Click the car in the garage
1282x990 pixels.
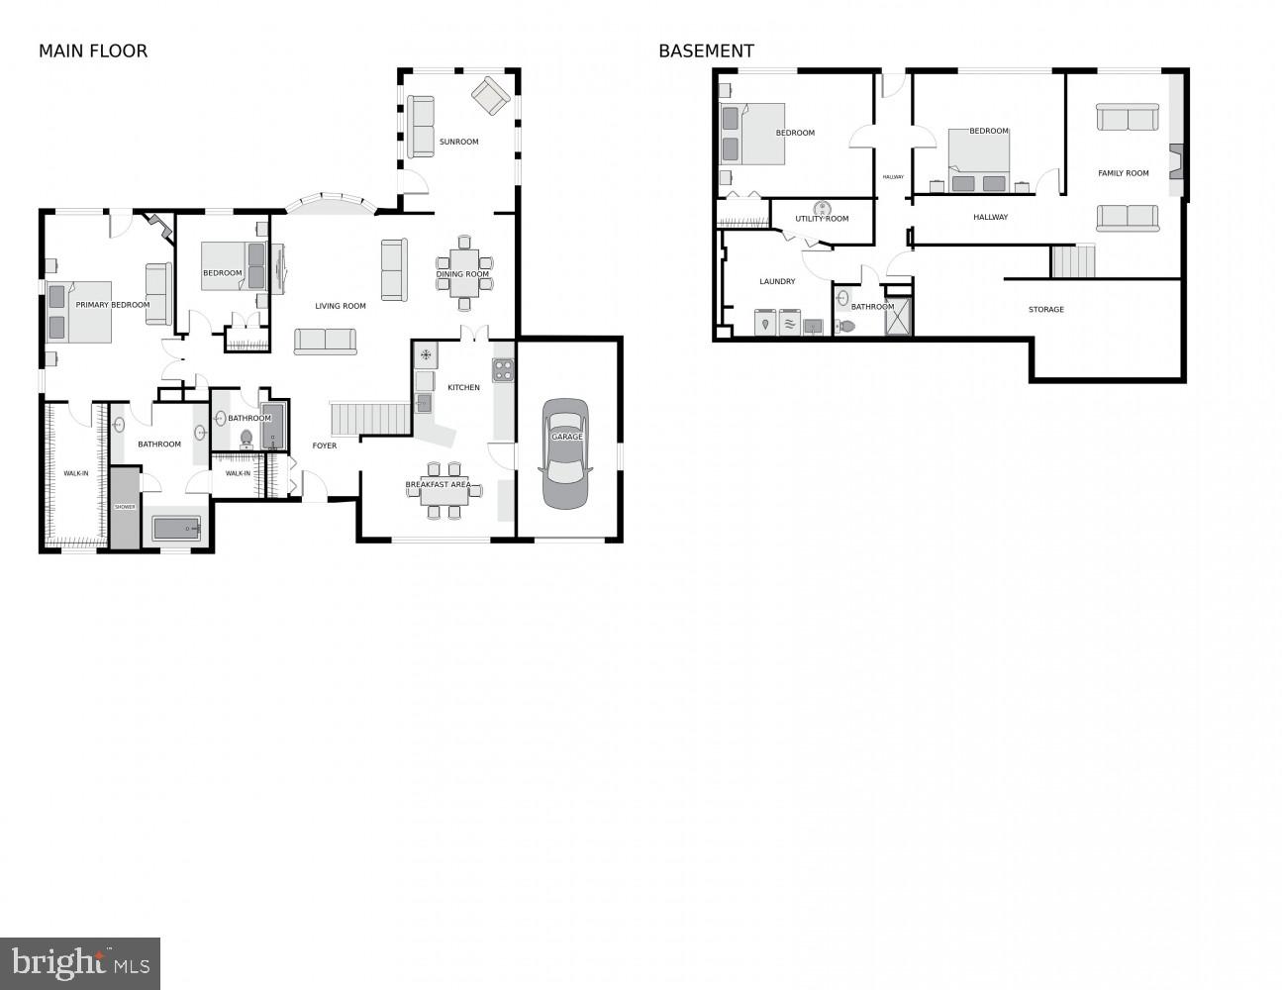pos(565,453)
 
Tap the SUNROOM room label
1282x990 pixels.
pos(458,142)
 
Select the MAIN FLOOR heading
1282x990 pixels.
pos(93,51)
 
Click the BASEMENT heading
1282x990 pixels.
pos(706,51)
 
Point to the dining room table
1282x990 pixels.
pos(463,274)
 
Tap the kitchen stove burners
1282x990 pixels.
pos(504,370)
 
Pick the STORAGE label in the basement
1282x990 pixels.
pos(1045,310)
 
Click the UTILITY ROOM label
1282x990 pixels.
pos(822,219)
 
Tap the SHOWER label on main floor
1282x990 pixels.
pos(125,507)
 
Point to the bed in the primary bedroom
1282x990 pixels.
pos(79,312)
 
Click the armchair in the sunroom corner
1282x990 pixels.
pos(490,96)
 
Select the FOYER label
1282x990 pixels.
pos(324,445)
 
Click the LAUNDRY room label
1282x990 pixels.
pos(777,281)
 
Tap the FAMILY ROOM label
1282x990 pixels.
pos(1123,173)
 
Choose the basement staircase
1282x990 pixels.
pos(1072,262)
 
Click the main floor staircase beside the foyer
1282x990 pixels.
pos(369,418)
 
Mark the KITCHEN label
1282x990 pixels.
pos(463,387)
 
